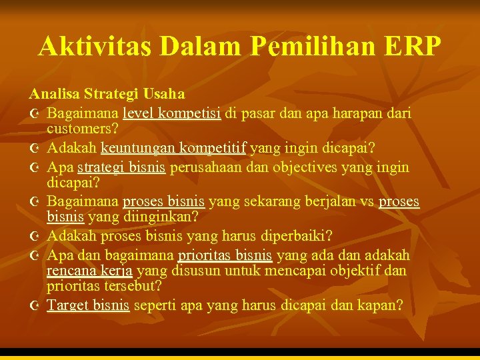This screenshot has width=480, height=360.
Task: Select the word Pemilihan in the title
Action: click(x=285, y=46)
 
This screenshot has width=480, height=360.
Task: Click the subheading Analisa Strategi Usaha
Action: click(x=107, y=95)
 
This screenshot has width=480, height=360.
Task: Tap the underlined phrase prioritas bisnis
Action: click(x=225, y=255)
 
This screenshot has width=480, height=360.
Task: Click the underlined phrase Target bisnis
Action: click(x=88, y=305)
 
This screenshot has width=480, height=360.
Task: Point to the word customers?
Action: click(x=83, y=128)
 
